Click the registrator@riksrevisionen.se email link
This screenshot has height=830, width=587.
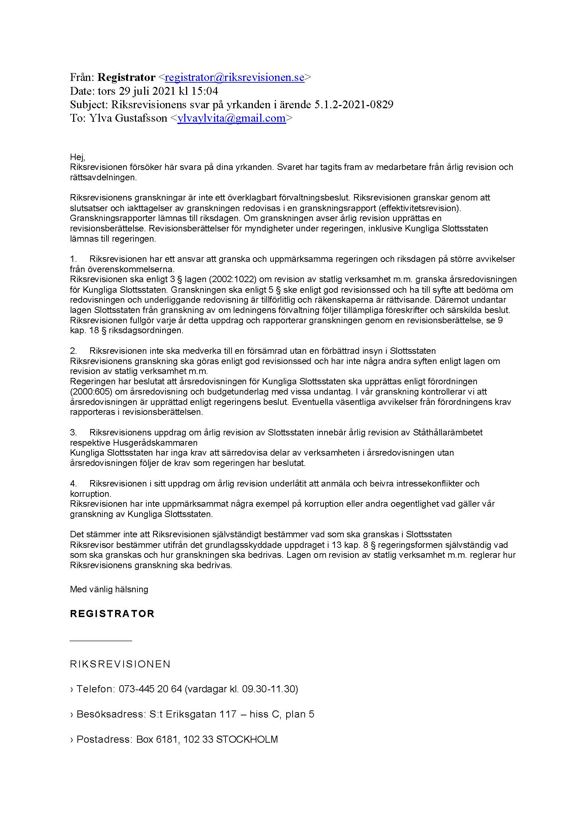[x=234, y=77]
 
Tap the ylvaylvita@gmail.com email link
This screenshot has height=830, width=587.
[x=232, y=118]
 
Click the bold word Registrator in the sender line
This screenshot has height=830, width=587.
[x=126, y=77]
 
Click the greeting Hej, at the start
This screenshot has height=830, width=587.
[x=77, y=157]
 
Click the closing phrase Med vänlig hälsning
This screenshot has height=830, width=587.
[x=109, y=590]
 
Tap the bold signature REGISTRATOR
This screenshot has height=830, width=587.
[x=112, y=614]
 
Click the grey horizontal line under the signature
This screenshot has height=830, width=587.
[x=100, y=641]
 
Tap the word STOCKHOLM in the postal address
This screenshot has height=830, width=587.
[x=247, y=740]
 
